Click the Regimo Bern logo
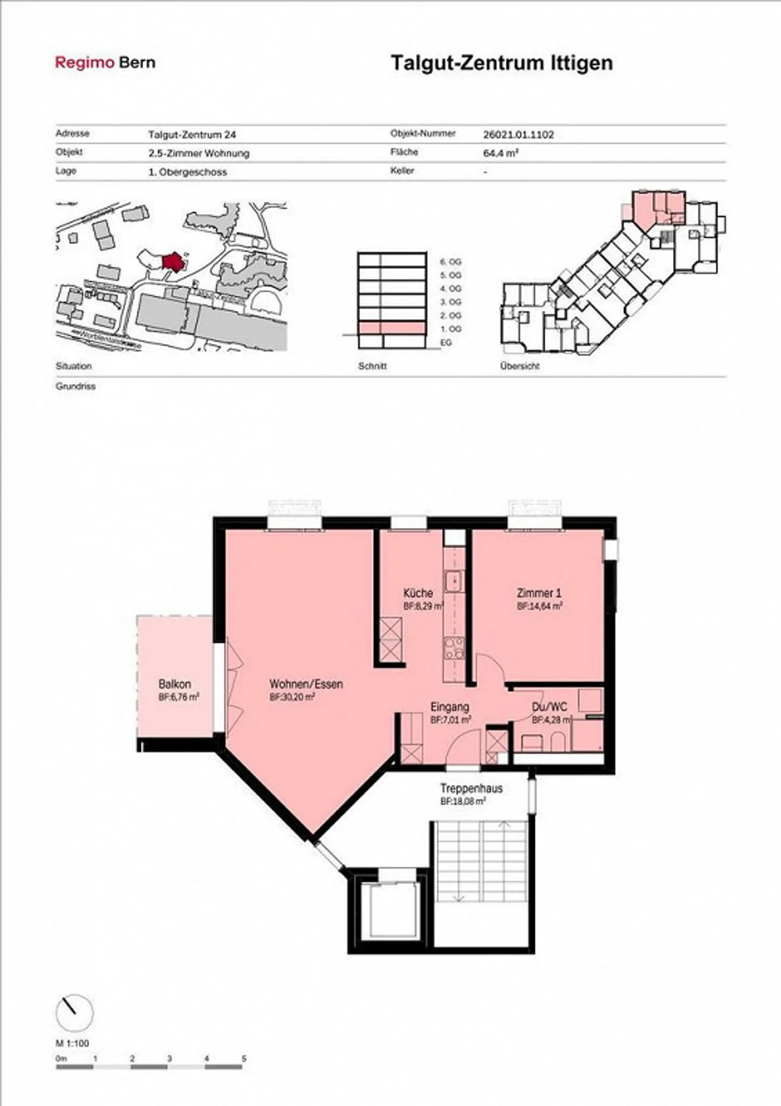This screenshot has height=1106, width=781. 105,63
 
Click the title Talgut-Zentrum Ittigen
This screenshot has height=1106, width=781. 502,63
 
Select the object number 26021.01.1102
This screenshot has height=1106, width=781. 518,135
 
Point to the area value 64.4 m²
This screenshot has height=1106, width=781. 501,153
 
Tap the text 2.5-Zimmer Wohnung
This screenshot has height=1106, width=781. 199,154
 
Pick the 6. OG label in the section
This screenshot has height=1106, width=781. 450,262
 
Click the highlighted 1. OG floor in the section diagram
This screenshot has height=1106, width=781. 391,328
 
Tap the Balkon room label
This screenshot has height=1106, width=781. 175,685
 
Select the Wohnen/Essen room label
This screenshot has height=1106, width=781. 306,685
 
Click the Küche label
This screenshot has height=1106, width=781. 418,593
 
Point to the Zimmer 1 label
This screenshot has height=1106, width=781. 539,593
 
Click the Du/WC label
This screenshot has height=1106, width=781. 549,707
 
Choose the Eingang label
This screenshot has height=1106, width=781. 450,707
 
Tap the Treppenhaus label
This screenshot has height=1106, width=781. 471,789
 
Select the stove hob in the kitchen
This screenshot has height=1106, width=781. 454,648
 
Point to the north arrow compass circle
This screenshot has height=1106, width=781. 74,1013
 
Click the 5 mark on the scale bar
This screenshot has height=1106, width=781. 244,1058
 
